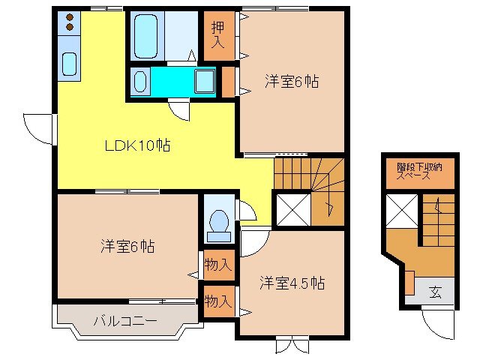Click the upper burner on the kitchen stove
69,17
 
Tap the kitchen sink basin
70,64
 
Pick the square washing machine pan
204,81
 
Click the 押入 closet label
218,34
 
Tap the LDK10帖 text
136,146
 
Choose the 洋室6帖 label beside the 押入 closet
292,82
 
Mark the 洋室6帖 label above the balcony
128,246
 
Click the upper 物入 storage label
218,264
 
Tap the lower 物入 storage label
218,301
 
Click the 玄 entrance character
436,292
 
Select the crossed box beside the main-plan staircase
291,209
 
